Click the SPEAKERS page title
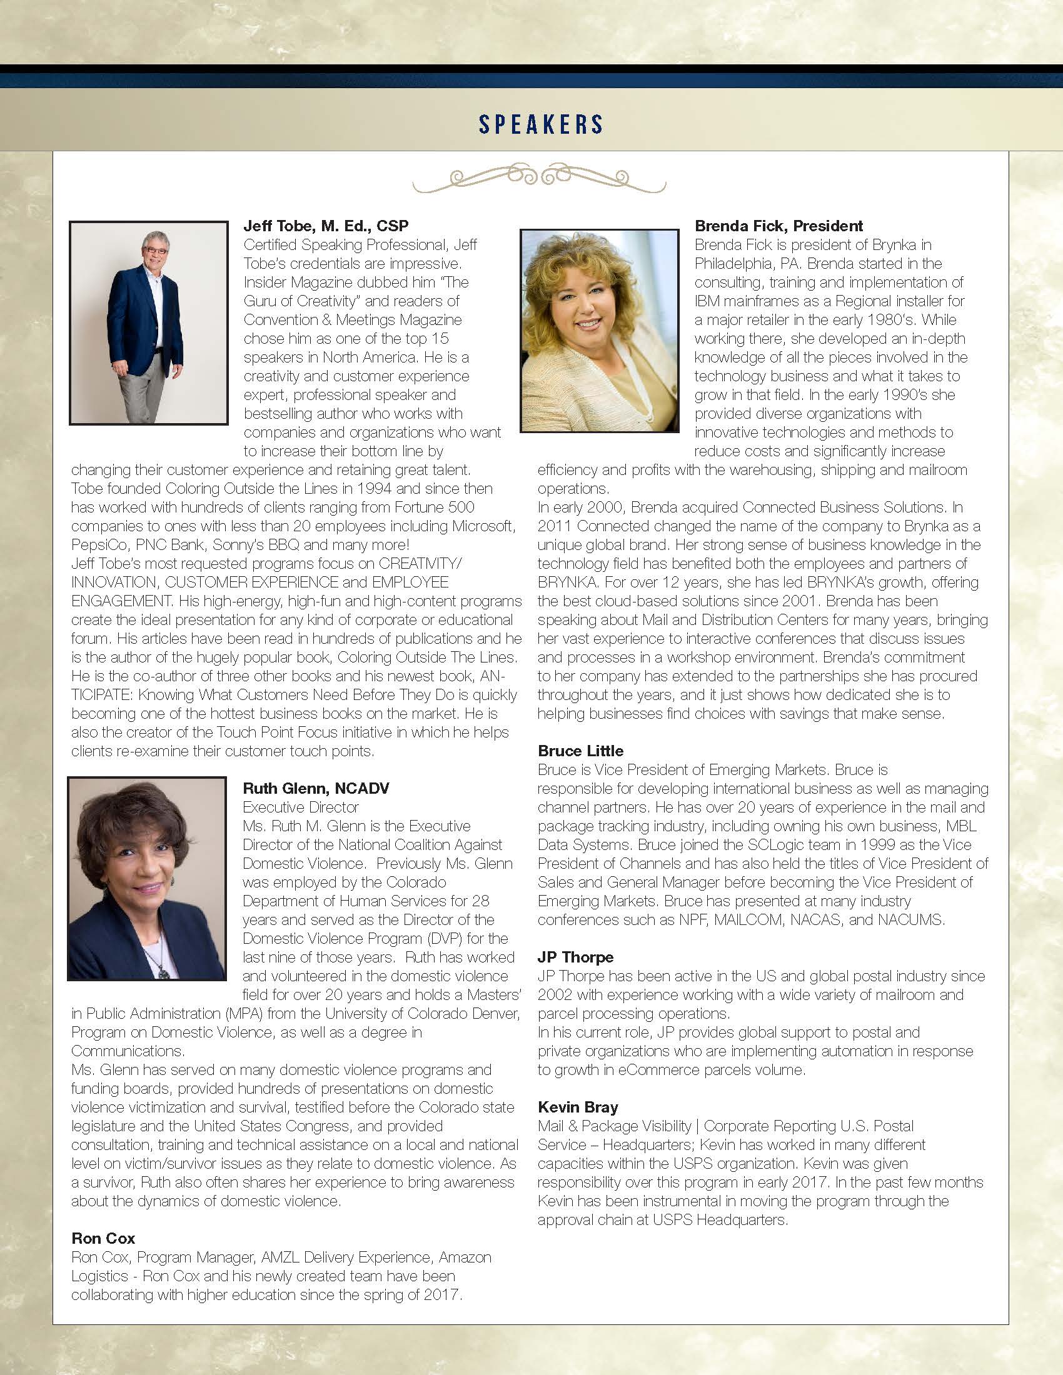tap(541, 124)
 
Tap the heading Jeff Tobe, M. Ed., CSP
tap(326, 226)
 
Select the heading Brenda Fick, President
tap(778, 226)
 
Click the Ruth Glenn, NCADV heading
tap(316, 788)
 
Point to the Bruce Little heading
tap(580, 751)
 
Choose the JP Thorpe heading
tap(575, 957)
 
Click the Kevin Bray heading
tap(578, 1107)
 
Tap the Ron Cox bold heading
tap(103, 1238)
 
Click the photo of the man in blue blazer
tap(149, 322)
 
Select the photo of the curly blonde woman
tap(599, 331)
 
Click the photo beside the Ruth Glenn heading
tap(147, 879)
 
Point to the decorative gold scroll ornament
tap(539, 178)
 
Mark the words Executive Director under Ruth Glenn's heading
tap(300, 807)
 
